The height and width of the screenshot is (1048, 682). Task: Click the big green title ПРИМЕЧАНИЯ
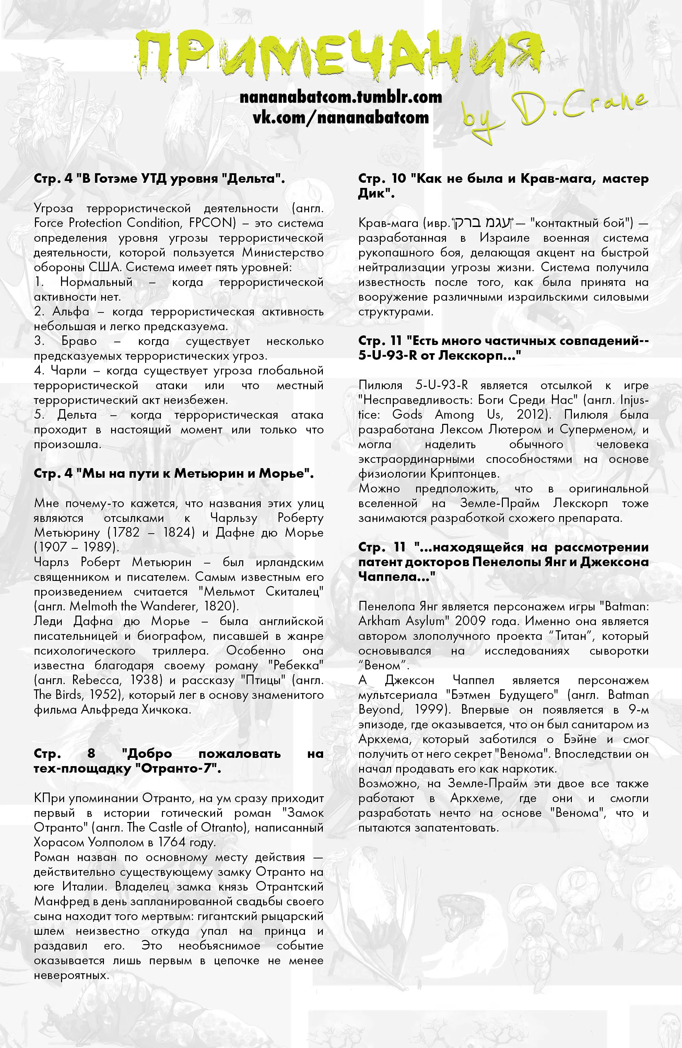click(x=339, y=53)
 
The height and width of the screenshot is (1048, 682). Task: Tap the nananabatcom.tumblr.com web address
click(x=341, y=97)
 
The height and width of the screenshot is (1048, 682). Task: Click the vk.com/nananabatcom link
click(x=341, y=118)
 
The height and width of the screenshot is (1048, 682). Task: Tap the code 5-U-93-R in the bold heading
click(x=387, y=355)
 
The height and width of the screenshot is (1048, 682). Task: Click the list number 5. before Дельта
click(x=40, y=415)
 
